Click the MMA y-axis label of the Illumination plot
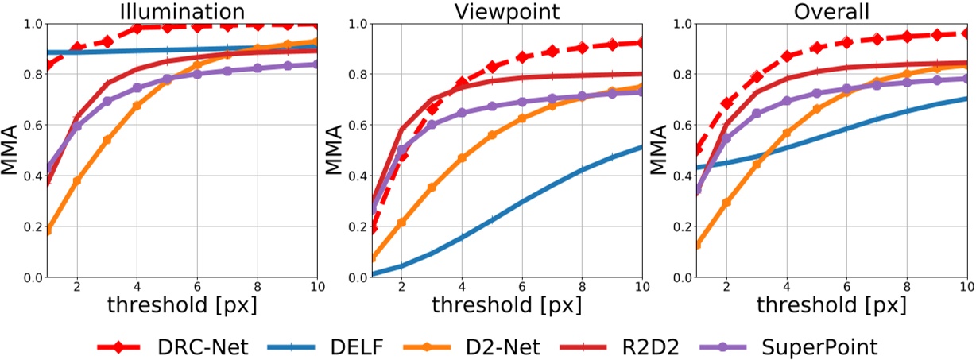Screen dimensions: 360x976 click(12, 150)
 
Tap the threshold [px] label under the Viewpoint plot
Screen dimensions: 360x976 click(507, 304)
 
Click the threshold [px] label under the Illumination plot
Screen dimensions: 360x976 click(182, 304)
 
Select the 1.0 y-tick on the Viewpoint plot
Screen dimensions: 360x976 click(356, 24)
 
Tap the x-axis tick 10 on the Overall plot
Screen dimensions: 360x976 click(966, 286)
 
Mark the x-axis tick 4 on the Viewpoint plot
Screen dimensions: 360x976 click(462, 286)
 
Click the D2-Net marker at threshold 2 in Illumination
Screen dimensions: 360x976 click(77, 181)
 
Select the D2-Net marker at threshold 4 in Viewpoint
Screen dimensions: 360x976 click(462, 158)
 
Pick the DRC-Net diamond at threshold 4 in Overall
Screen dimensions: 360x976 click(787, 56)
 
